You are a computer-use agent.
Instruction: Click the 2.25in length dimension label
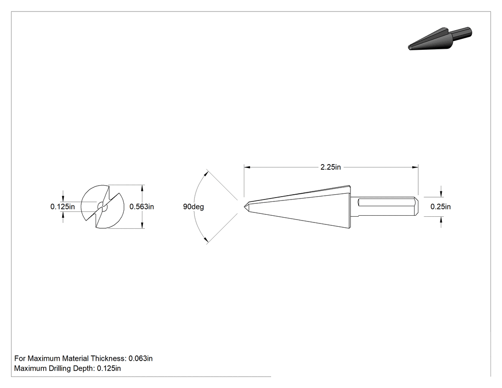click(x=330, y=167)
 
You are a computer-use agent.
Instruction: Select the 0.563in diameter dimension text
click(x=142, y=207)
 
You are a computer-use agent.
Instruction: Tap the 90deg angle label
click(x=193, y=207)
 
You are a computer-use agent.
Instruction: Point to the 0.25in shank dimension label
click(x=440, y=207)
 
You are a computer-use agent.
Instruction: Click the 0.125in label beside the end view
click(x=63, y=207)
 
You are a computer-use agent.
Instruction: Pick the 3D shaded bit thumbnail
click(x=440, y=39)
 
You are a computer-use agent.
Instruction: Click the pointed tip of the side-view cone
click(x=245, y=206)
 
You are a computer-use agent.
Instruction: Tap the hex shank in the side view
click(x=384, y=207)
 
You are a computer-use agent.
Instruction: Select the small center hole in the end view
click(x=102, y=207)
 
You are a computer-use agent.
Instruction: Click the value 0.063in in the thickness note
click(x=141, y=358)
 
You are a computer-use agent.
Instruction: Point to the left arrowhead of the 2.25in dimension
click(x=247, y=167)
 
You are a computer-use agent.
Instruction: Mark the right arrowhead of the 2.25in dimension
click(x=415, y=167)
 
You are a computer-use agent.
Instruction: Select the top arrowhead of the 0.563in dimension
click(x=142, y=188)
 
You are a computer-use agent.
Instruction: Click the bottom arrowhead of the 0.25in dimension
click(x=441, y=220)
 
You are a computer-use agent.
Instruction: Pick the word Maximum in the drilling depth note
click(x=31, y=368)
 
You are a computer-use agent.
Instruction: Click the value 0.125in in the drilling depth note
click(x=109, y=368)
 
